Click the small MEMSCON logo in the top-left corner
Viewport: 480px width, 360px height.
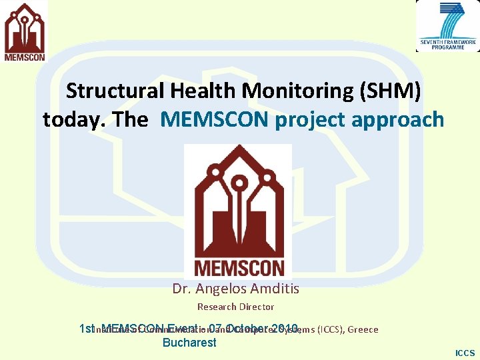coord(25,32)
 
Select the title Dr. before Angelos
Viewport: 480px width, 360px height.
coord(181,289)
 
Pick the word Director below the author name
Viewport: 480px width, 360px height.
coord(257,307)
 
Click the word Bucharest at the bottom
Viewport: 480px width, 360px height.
coord(189,343)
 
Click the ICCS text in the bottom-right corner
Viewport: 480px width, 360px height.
coord(465,353)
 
